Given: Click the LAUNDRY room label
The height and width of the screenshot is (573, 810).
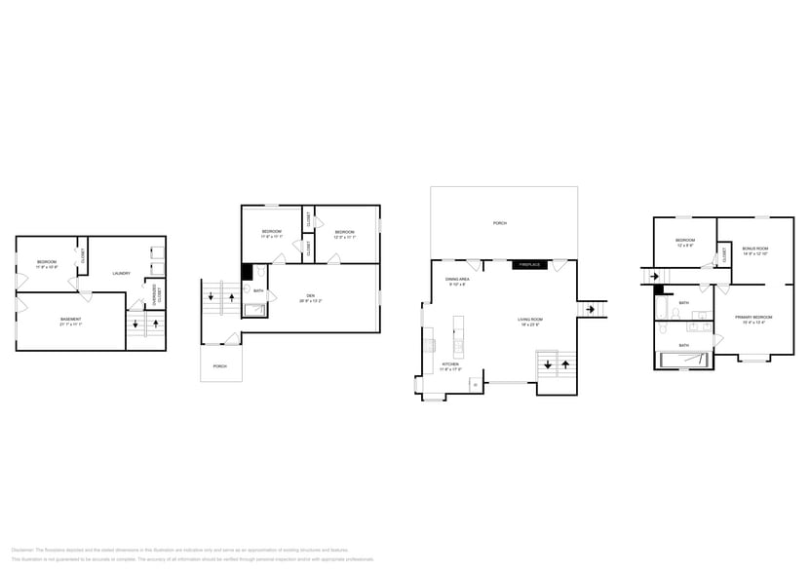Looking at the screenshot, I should click(122, 273).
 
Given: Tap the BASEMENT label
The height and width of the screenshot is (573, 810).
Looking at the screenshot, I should click(70, 320).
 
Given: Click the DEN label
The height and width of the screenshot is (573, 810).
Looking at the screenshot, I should click(310, 295).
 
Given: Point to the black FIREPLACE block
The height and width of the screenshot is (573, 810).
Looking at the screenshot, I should click(528, 264).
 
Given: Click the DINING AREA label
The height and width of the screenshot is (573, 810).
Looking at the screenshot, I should click(458, 280).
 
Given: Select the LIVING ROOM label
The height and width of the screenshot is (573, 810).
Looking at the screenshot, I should click(530, 320).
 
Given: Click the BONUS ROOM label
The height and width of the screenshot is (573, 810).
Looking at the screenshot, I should click(755, 248).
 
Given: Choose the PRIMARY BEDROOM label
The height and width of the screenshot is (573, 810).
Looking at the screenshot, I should click(753, 318).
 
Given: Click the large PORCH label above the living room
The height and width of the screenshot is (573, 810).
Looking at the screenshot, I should click(499, 223).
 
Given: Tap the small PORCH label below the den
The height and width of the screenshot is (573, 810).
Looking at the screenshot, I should click(220, 366).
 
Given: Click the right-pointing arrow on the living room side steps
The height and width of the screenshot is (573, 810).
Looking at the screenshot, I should click(591, 309).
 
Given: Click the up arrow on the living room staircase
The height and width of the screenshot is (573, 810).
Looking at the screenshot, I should click(564, 364).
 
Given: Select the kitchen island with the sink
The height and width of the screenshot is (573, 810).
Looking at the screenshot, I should click(456, 340).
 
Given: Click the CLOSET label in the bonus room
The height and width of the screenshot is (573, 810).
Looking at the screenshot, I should click(724, 255).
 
